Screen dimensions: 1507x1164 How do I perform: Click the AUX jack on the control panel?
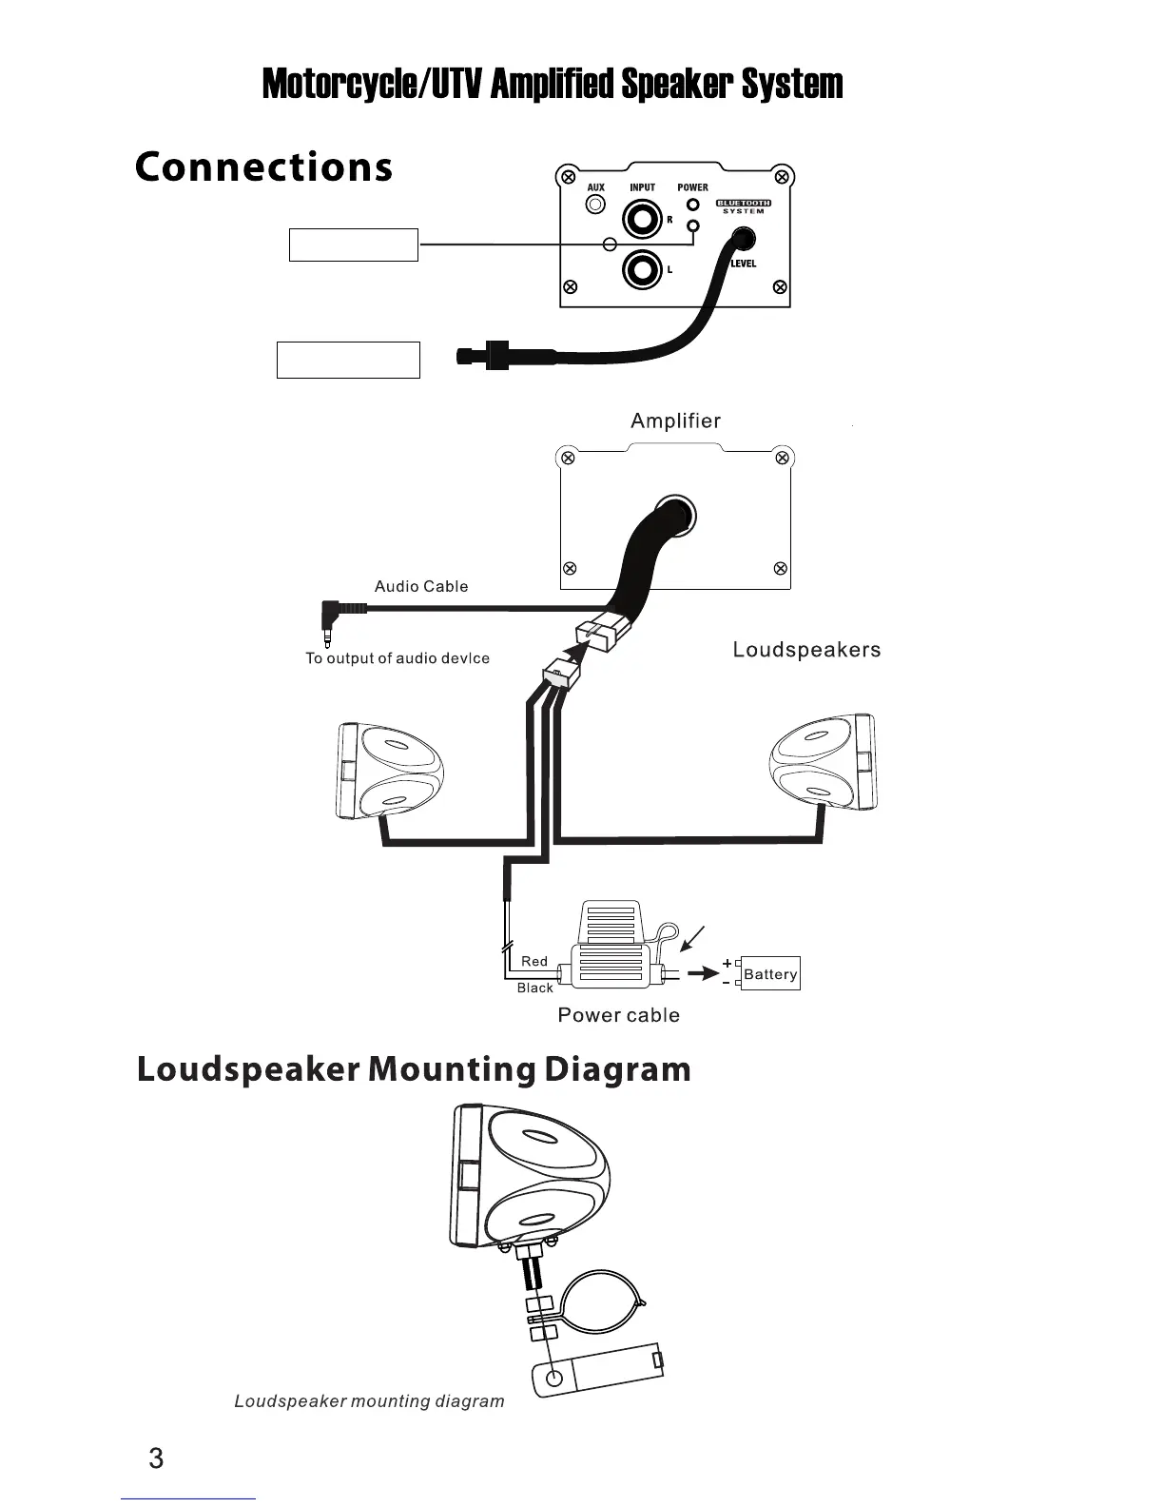(x=595, y=205)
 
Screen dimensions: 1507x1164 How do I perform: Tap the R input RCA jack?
(x=642, y=222)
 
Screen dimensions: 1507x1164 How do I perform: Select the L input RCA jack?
(x=642, y=271)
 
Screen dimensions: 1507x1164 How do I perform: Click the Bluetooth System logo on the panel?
(x=743, y=205)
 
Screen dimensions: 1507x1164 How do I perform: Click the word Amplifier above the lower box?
(x=675, y=421)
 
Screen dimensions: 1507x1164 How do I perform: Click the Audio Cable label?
(x=421, y=586)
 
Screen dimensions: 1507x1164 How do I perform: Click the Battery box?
(x=770, y=973)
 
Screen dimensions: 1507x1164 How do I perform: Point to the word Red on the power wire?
(x=534, y=961)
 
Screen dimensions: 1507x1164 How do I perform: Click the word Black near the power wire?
(x=534, y=988)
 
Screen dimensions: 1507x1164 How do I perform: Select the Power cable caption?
(x=618, y=1015)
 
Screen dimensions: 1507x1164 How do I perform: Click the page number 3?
(x=157, y=1458)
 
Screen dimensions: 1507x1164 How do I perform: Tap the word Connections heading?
(x=263, y=167)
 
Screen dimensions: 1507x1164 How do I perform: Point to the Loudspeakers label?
(x=806, y=650)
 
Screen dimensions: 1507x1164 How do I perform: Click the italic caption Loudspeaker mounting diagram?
(x=369, y=1400)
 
